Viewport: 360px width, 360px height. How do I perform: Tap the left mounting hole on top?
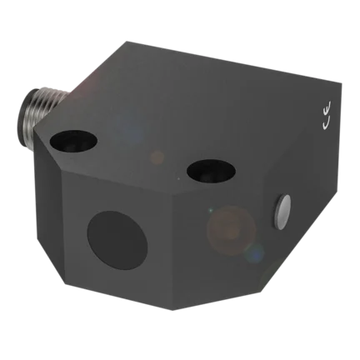point(73,139)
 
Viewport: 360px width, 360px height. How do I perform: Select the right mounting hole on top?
point(211,170)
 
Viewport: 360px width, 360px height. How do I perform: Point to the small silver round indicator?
point(282,212)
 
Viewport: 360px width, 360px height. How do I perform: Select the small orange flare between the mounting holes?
point(157,157)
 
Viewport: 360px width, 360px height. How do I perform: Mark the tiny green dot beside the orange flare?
point(211,210)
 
